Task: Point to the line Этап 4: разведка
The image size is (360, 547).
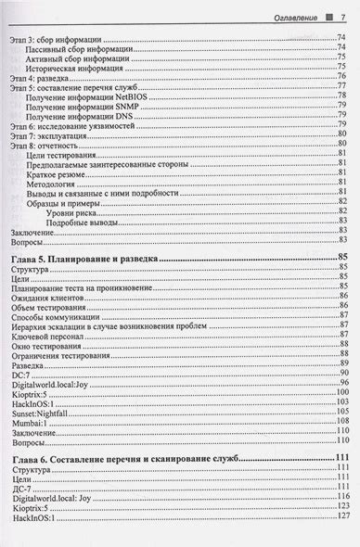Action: [41, 77]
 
